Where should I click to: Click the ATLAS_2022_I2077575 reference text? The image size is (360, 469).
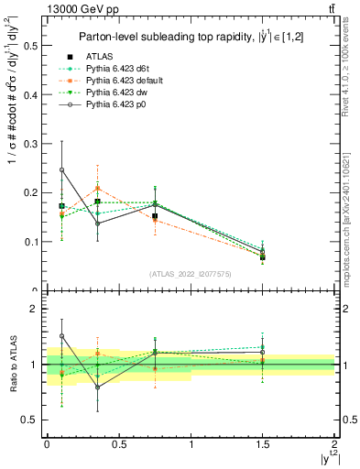(190, 274)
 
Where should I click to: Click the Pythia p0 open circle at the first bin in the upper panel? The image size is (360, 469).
(61, 169)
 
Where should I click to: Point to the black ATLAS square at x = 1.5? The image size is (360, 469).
(263, 257)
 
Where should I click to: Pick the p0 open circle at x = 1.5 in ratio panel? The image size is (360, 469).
(263, 352)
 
